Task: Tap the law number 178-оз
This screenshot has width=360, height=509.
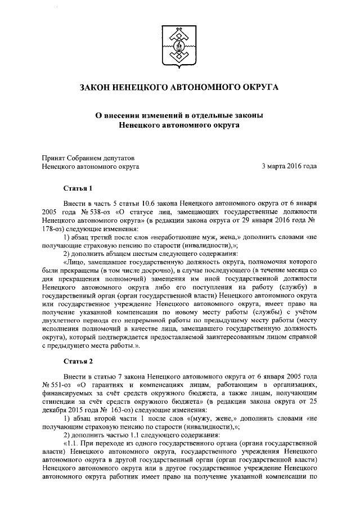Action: [55, 229]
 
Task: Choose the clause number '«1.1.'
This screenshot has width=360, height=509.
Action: [73, 440]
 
